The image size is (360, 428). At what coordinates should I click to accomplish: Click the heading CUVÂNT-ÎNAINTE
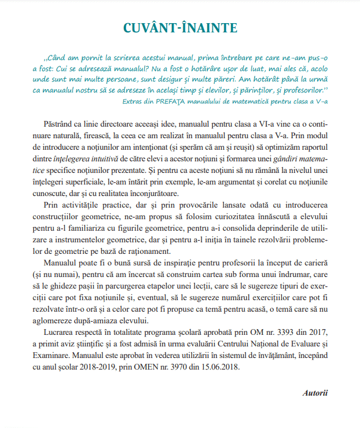click(x=180, y=28)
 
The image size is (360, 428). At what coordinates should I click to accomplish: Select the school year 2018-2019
click(x=100, y=367)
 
